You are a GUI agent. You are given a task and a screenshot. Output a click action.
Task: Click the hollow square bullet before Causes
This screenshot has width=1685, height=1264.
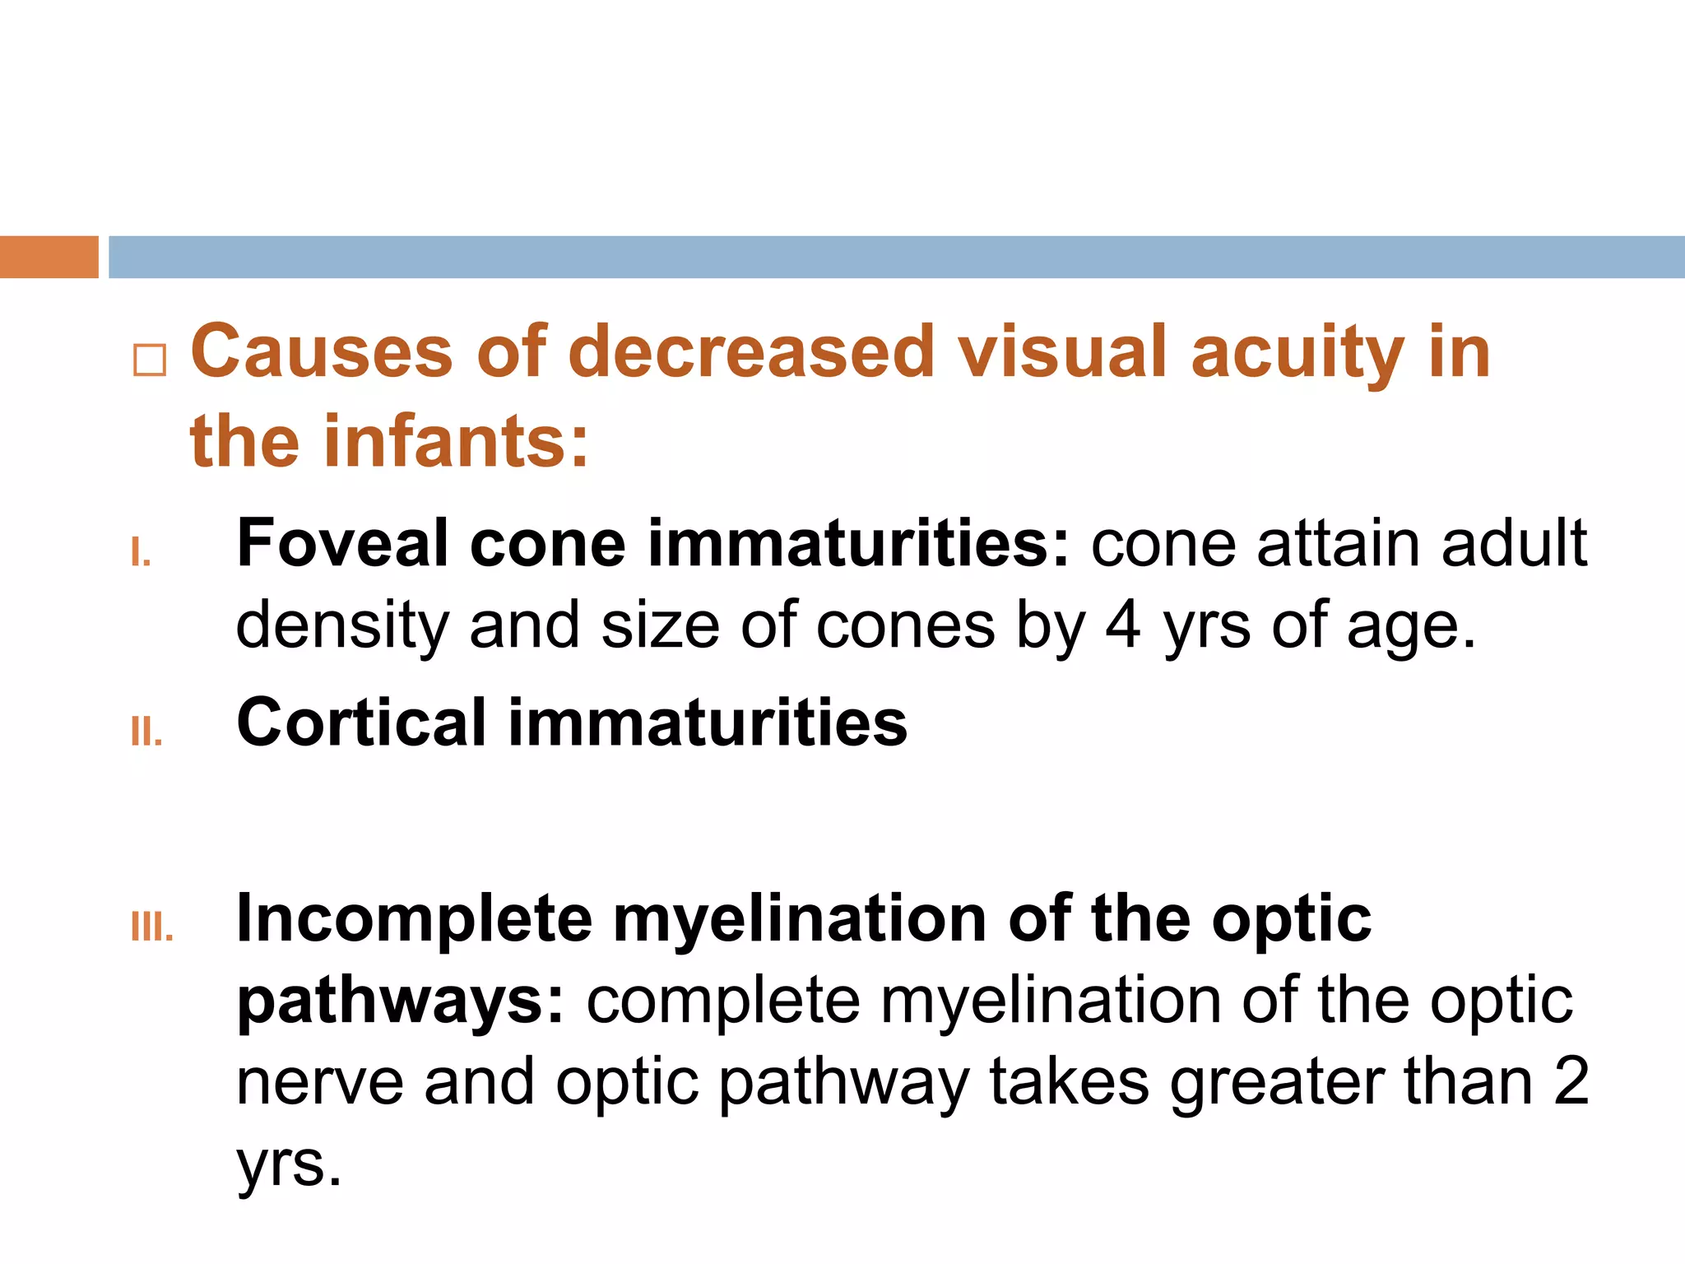click(x=150, y=360)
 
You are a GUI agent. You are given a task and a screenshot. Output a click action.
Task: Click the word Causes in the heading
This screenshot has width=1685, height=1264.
click(x=322, y=352)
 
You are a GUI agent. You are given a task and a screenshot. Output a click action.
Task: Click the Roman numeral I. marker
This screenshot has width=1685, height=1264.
click(x=141, y=553)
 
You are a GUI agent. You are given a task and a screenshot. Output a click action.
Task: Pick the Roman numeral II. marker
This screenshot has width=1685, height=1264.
click(x=146, y=731)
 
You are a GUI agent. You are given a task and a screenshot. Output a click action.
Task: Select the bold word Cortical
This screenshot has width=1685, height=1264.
click(x=362, y=723)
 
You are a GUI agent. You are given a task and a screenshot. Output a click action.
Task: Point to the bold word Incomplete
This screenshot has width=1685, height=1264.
click(x=414, y=920)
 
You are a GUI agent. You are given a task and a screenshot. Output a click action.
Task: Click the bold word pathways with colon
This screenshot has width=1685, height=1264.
click(x=401, y=1002)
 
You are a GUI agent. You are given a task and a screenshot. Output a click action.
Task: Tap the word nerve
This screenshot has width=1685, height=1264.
click(x=319, y=1083)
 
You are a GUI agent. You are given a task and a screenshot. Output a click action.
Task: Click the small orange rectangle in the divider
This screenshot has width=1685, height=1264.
click(x=49, y=257)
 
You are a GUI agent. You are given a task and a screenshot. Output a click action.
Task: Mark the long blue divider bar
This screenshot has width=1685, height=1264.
click(x=897, y=257)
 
